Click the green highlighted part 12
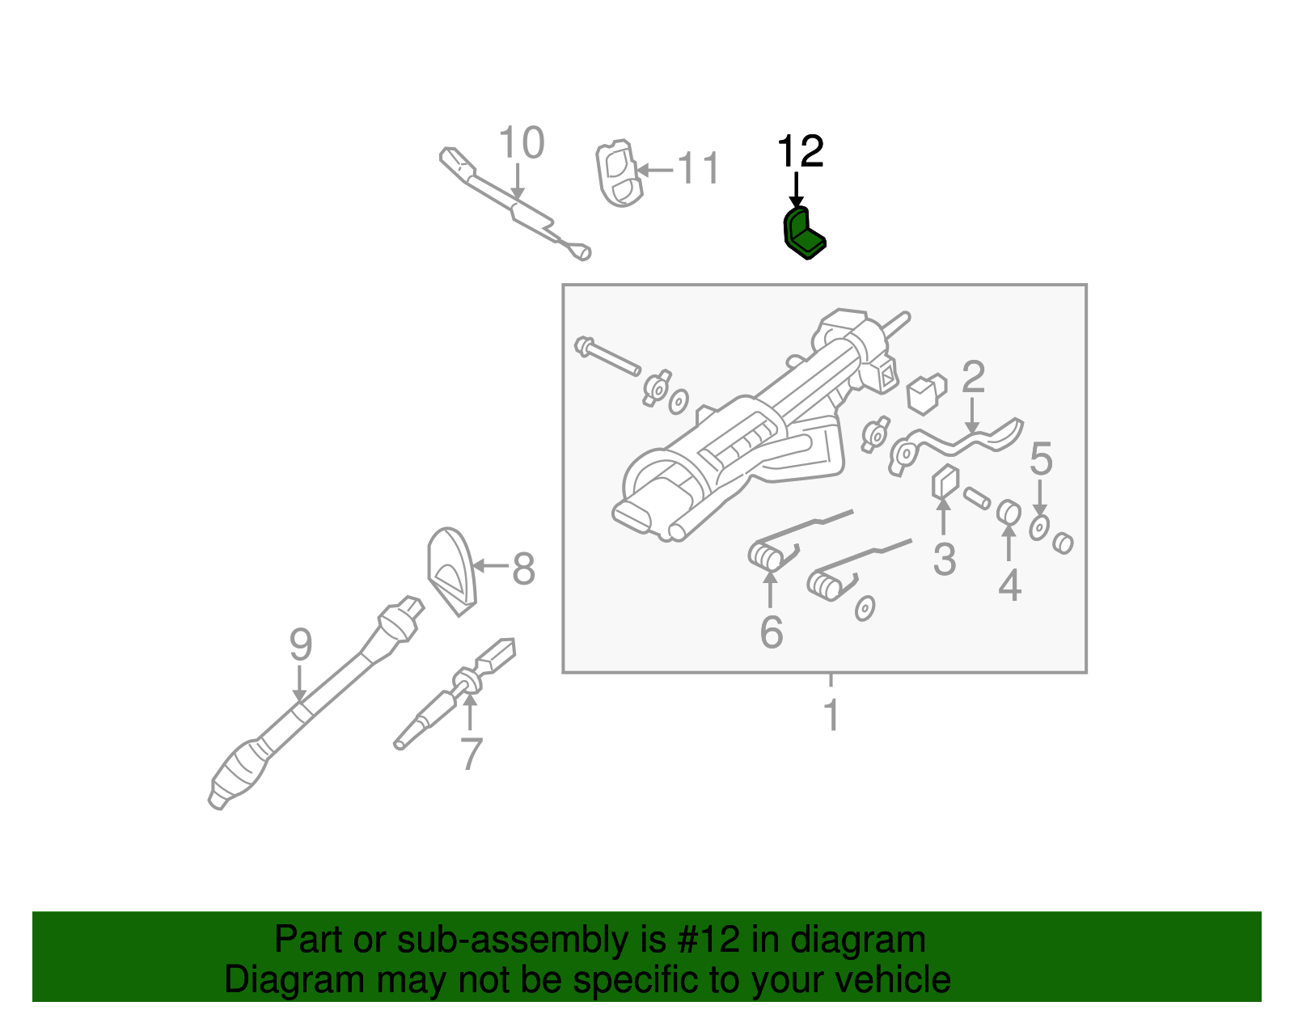click(803, 233)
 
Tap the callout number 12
click(800, 152)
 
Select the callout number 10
click(521, 144)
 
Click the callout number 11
click(698, 169)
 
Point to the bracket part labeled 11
click(619, 173)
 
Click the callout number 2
click(973, 377)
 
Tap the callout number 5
click(1041, 459)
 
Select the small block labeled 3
click(944, 483)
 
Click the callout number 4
click(1009, 585)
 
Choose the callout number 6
click(771, 632)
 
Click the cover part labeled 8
click(451, 570)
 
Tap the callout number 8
click(523, 568)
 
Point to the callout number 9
click(300, 645)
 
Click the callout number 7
click(471, 754)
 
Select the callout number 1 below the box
click(831, 715)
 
